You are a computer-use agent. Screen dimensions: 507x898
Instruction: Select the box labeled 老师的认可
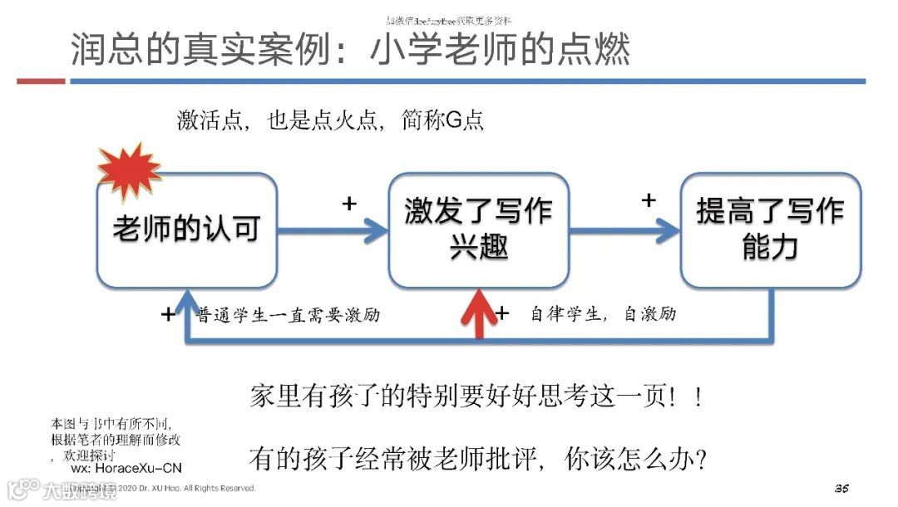click(187, 229)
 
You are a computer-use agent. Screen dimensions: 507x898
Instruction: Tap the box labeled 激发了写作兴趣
click(478, 229)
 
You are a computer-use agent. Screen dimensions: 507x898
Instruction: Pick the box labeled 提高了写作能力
click(770, 229)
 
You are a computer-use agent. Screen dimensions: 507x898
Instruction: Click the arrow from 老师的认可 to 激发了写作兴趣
click(333, 230)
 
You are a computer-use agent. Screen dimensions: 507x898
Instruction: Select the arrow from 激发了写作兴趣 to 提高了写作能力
click(624, 230)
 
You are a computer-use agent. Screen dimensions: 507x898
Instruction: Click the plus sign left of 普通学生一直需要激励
click(168, 314)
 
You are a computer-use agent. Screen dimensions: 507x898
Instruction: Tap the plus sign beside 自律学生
click(502, 313)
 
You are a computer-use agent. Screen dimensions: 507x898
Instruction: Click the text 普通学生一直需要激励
click(288, 315)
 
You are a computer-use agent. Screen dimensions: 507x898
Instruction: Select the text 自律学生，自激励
click(604, 314)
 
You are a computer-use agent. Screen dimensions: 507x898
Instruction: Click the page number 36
click(840, 488)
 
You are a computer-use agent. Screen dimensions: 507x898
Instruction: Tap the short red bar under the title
click(41, 81)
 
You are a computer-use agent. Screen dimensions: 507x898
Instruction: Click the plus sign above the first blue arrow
click(349, 204)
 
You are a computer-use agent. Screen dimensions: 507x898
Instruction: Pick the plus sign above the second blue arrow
click(649, 200)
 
